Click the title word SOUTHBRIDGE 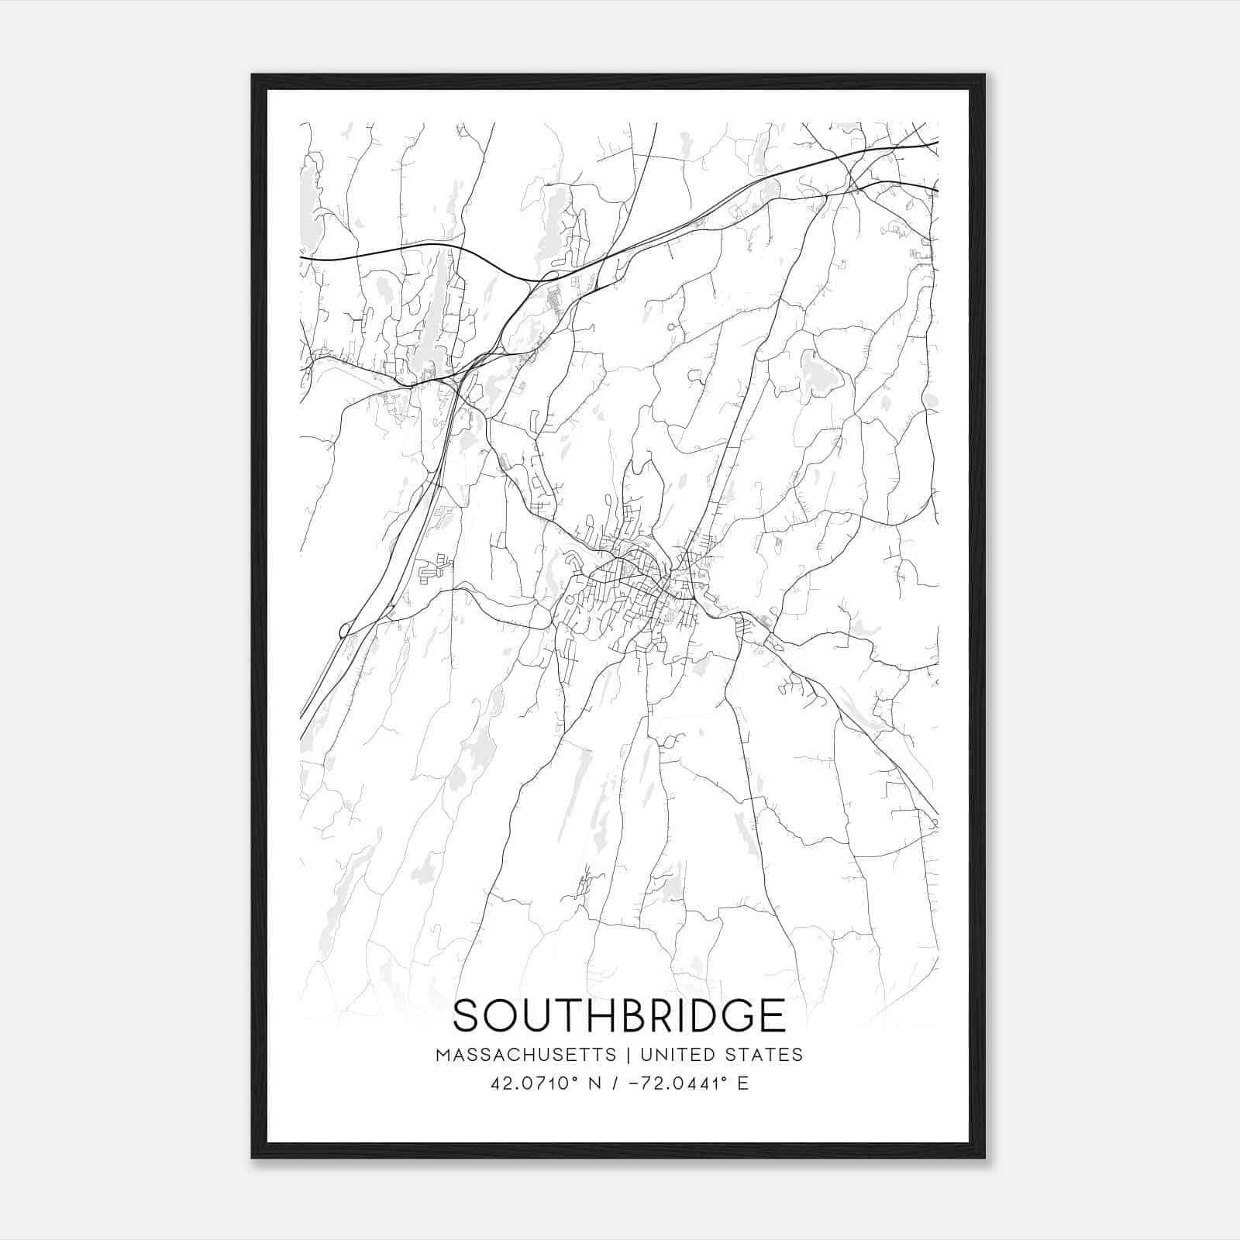(x=619, y=1016)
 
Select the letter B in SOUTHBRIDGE (x=633, y=1016)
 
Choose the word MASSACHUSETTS (x=526, y=1055)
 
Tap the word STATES (x=764, y=1055)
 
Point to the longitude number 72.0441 (x=683, y=1083)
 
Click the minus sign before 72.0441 (x=637, y=1083)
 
